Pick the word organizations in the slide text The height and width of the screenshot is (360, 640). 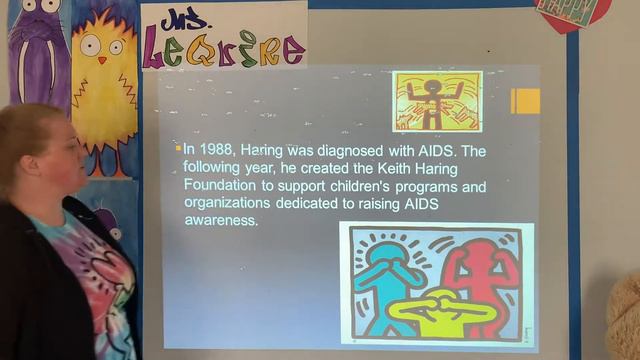[229, 203]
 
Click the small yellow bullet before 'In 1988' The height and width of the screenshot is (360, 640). [178, 147]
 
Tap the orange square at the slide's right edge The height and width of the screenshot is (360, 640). [525, 100]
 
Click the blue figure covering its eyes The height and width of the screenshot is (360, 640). [385, 275]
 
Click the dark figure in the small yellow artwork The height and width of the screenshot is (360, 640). [432, 101]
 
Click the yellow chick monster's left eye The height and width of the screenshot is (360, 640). [89, 44]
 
